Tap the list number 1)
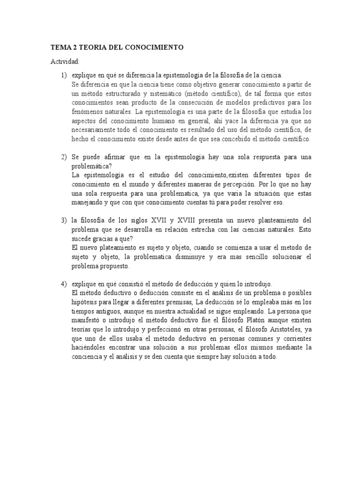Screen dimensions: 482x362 64,75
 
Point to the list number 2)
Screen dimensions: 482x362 64,157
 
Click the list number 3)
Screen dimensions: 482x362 64,221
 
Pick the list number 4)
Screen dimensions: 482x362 64,284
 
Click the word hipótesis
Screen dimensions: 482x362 85,302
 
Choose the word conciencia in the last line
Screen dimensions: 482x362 88,357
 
